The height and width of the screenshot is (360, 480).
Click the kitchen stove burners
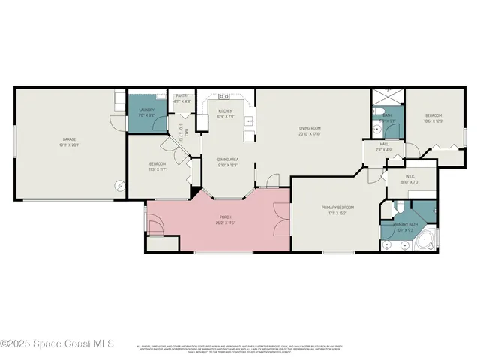point(224,97)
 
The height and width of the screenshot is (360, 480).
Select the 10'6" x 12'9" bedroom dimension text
point(433,121)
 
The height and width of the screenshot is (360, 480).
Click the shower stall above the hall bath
point(388,97)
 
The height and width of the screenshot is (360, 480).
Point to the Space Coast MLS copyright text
point(57,344)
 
